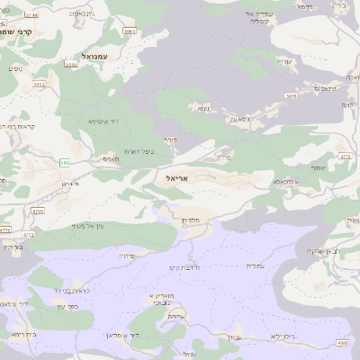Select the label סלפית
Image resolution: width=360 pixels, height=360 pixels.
tap(189, 220)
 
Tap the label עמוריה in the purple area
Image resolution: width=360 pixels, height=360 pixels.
tap(255, 265)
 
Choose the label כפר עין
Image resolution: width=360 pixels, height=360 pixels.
tap(68, 307)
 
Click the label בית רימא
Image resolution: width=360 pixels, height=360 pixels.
tap(23, 334)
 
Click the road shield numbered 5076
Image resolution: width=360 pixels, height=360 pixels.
tap(291, 94)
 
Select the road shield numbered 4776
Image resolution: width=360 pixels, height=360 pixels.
tap(345, 157)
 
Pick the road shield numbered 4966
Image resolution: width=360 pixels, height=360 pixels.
tap(341, 343)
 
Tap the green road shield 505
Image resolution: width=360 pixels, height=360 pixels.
tap(65, 162)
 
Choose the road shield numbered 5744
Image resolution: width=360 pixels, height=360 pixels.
tap(32, 15)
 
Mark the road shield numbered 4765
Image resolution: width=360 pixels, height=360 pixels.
tap(37, 211)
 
